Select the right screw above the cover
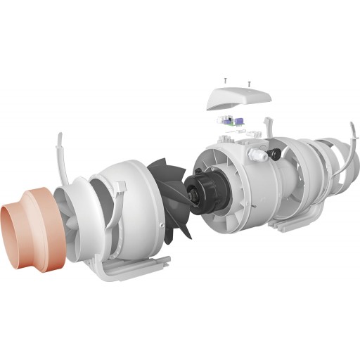click(x=249, y=84)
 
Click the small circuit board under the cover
click(x=232, y=120)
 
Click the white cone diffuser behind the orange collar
click(x=74, y=211)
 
